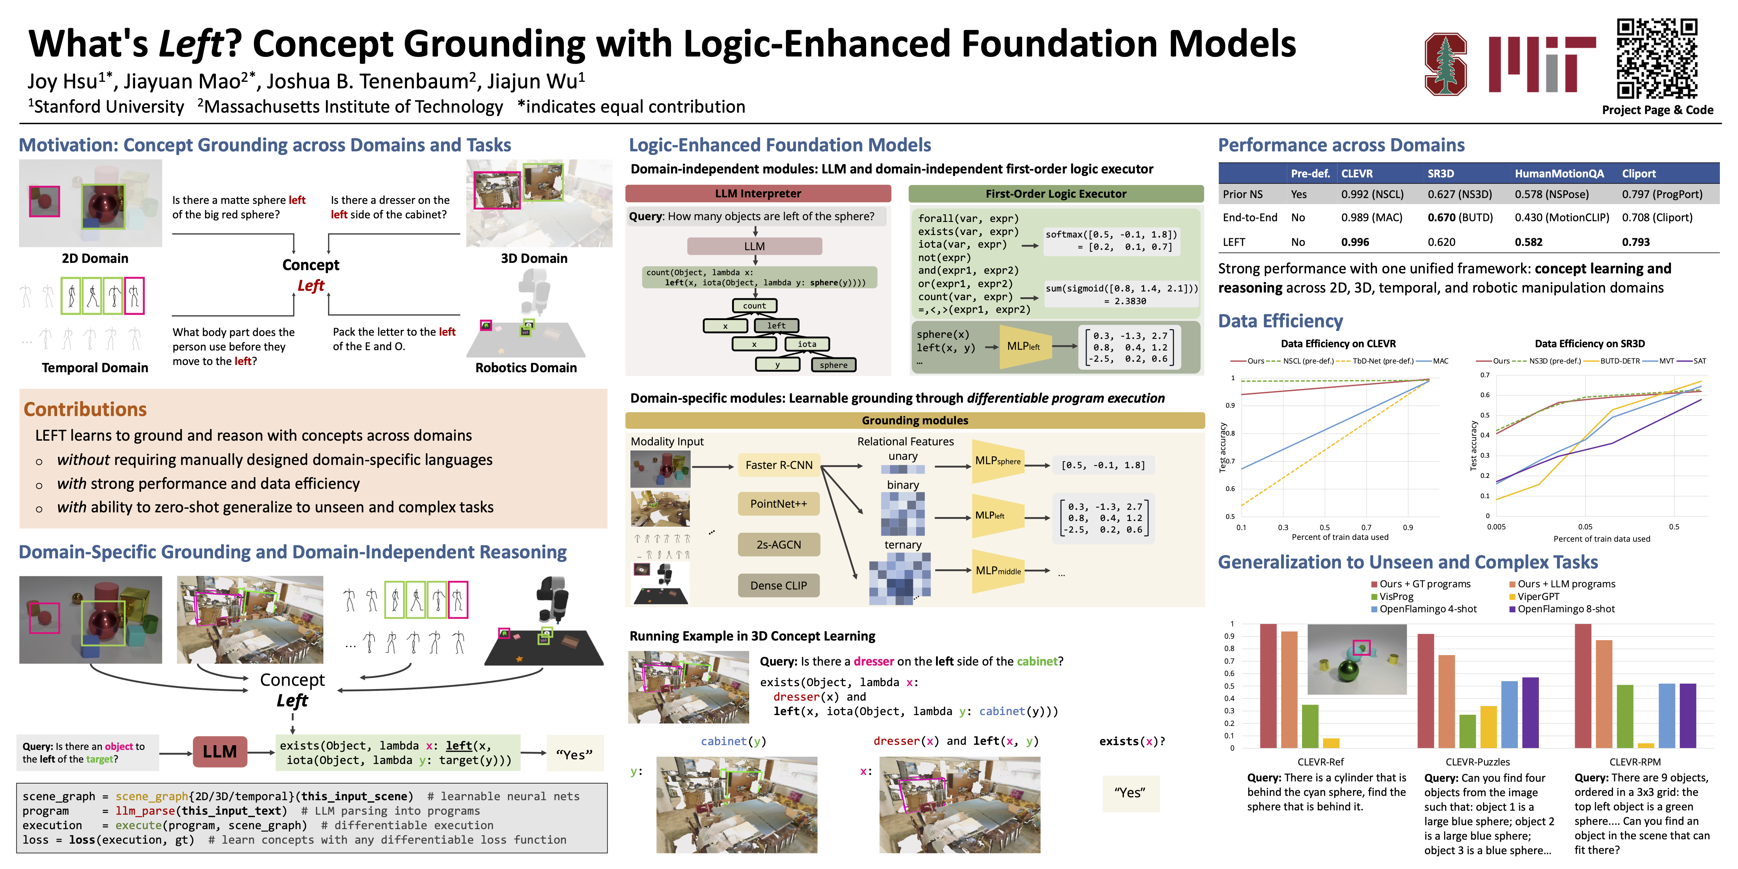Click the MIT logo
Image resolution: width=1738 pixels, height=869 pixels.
pos(1542,64)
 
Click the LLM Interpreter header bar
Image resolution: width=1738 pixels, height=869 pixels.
pos(758,194)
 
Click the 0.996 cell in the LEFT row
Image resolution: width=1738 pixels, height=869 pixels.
pos(1355,242)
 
